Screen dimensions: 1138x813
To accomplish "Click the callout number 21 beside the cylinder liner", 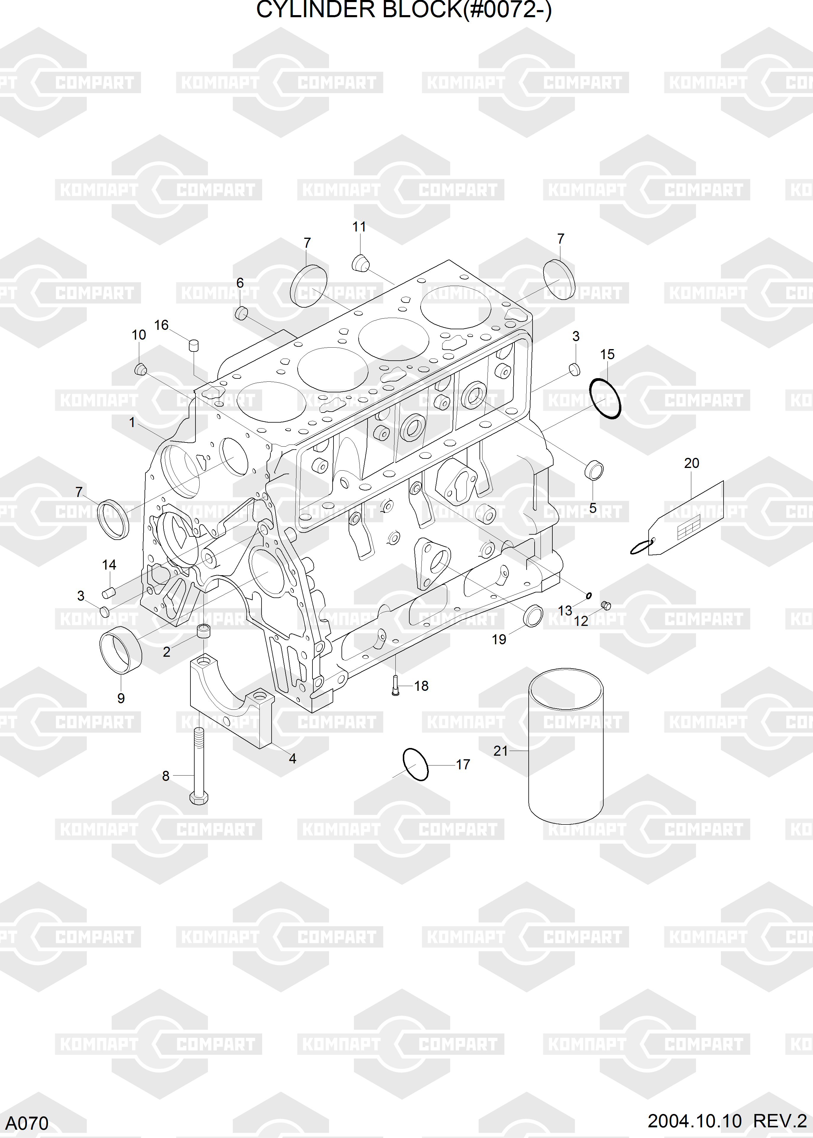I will [x=500, y=751].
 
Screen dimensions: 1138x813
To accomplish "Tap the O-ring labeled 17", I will [x=416, y=764].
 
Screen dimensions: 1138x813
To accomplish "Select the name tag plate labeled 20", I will [x=686, y=518].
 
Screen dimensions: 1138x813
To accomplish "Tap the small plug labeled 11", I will [x=360, y=263].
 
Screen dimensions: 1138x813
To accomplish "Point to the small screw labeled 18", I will [x=395, y=686].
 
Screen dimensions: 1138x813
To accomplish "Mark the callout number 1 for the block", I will [x=132, y=422].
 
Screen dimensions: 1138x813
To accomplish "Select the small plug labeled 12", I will [x=606, y=605].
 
